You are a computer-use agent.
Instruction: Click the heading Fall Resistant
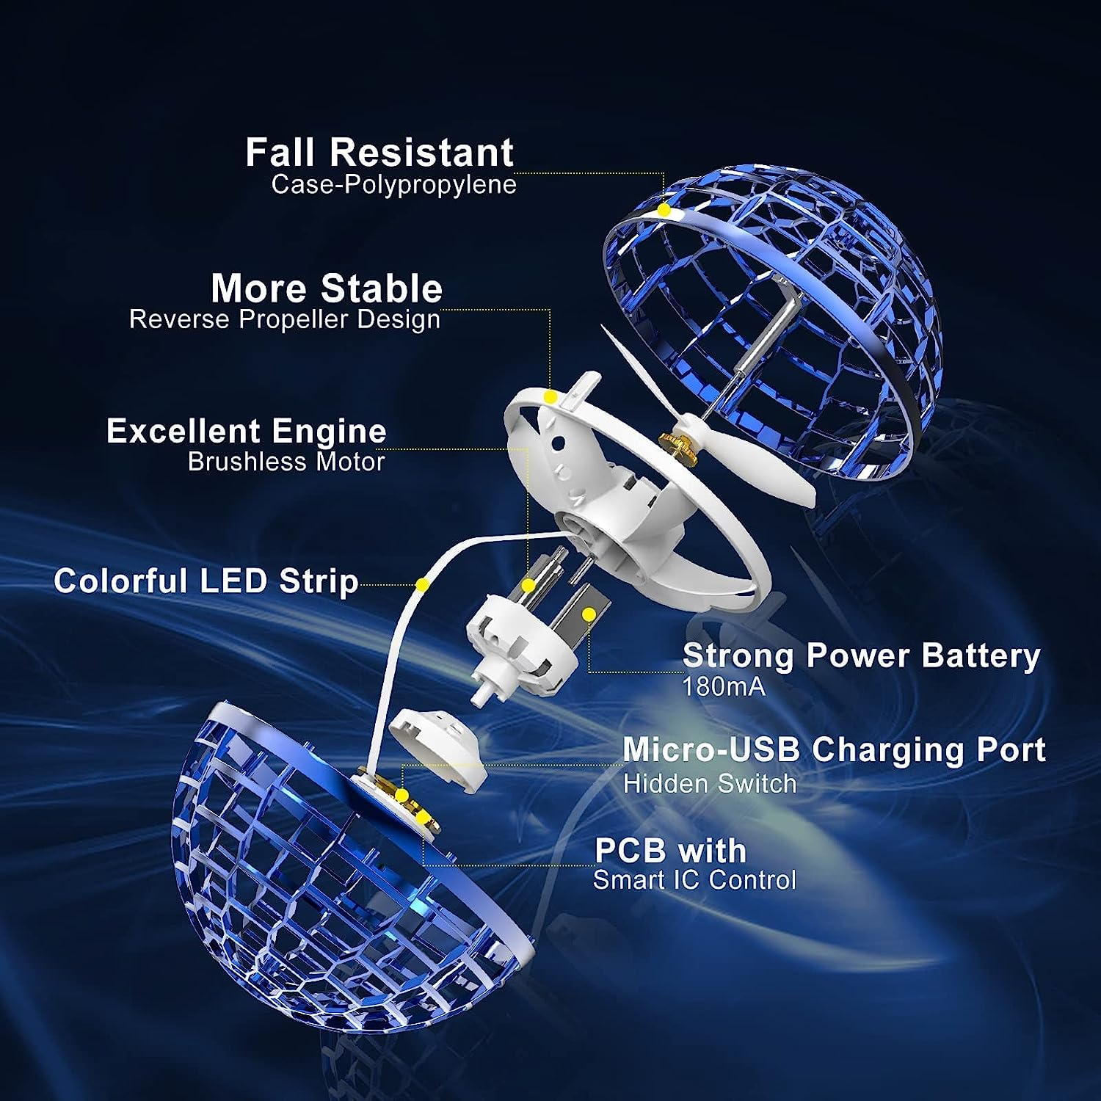pos(379,153)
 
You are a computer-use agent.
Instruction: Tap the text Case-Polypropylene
pos(394,184)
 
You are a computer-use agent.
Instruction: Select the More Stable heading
pos(327,288)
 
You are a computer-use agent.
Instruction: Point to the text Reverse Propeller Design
pos(285,319)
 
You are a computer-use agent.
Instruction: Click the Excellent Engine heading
pos(247,431)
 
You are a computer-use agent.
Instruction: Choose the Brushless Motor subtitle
pos(286,462)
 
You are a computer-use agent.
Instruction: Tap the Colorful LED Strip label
pos(206,581)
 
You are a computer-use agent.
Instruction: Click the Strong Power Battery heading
pos(862,655)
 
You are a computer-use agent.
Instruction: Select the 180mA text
pos(724,687)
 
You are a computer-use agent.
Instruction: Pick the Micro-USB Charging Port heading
pos(834,749)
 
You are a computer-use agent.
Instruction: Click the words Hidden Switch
pos(710,783)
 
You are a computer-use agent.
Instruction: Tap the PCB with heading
pos(670,851)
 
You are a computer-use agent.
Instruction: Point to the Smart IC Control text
pos(694,879)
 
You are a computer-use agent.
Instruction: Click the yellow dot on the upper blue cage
pos(664,210)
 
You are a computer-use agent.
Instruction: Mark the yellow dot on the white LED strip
pos(422,585)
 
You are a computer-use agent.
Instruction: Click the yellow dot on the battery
pos(589,613)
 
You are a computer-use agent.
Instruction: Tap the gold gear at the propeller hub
pos(673,443)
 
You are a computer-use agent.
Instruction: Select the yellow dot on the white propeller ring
pos(550,397)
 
